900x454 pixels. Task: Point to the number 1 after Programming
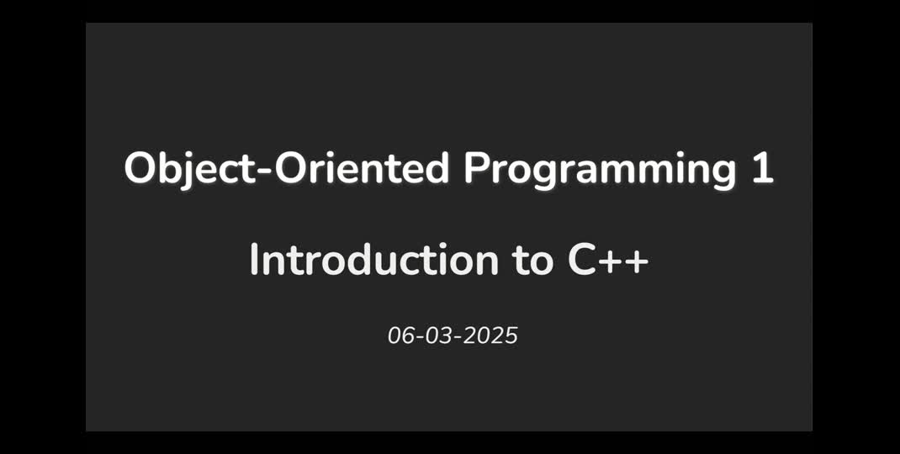click(x=762, y=169)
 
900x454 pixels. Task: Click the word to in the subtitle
click(x=532, y=261)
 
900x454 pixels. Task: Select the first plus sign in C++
click(x=611, y=262)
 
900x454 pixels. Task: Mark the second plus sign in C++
click(x=636, y=262)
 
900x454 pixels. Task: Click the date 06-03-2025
click(x=453, y=335)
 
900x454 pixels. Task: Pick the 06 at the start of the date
click(x=399, y=335)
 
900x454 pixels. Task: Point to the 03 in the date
click(x=436, y=335)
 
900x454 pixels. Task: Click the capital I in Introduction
click(x=254, y=261)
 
